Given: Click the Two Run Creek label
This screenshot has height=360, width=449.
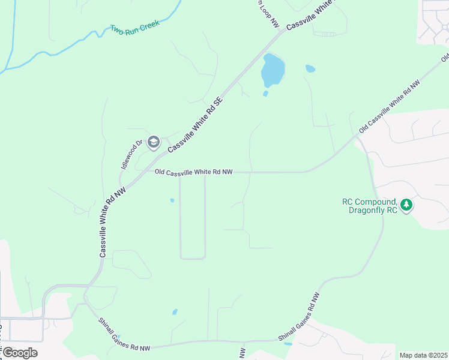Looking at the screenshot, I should (x=134, y=28).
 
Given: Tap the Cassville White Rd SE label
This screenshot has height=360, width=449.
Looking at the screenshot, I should (x=195, y=123).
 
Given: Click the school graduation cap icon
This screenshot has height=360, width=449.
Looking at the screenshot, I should (x=152, y=142).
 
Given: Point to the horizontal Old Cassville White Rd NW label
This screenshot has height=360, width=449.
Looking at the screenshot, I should (x=193, y=172).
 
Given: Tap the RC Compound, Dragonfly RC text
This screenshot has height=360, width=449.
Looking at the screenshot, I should (x=372, y=206).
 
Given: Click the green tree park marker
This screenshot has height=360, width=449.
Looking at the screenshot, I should (x=407, y=205).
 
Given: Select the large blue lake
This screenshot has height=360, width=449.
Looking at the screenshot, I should (x=273, y=71).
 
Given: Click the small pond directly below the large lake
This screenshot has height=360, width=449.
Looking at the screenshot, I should (x=265, y=94).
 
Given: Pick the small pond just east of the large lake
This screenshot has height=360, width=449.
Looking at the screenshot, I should (x=310, y=68).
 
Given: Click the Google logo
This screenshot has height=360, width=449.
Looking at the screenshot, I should (x=19, y=353).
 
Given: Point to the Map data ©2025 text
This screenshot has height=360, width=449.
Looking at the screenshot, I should (x=423, y=355).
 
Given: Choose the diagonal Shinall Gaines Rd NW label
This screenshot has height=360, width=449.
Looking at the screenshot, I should (x=299, y=318).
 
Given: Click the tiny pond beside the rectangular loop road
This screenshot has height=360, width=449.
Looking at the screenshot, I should (x=172, y=200).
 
